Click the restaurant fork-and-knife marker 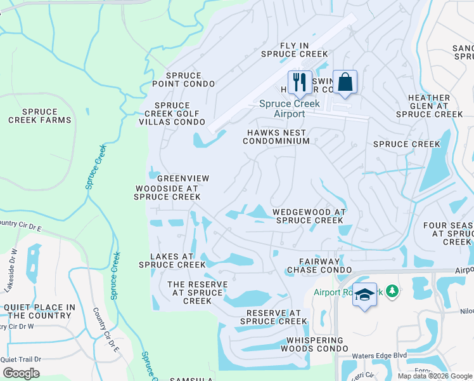(300, 83)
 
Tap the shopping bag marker (345, 83)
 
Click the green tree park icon (393, 291)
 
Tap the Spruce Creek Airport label (288, 109)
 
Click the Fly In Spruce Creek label (294, 50)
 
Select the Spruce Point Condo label (183, 79)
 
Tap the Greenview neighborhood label (183, 179)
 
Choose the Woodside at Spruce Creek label (167, 192)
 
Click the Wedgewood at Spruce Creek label (308, 216)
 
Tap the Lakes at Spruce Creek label (172, 260)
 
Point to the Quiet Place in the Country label (39, 311)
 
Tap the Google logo (21, 373)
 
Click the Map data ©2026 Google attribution (435, 376)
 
